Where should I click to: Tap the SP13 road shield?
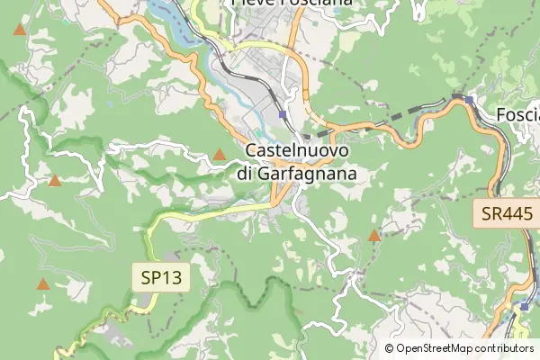pos(162,277)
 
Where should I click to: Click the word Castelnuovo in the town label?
pos(297,152)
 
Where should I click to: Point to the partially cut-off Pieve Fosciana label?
pos(292,4)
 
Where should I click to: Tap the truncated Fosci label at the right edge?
pos(518,115)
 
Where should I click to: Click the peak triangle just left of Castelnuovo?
pos(220,155)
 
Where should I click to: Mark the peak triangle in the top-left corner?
pos(20,31)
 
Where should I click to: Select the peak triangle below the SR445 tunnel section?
pos(374,236)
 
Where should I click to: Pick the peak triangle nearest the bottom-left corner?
pos(42,284)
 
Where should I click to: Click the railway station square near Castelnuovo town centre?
pos(283,114)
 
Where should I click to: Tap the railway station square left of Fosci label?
pos(469,98)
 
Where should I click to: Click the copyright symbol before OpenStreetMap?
pos(390,347)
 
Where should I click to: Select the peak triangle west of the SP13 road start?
pos(55,181)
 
